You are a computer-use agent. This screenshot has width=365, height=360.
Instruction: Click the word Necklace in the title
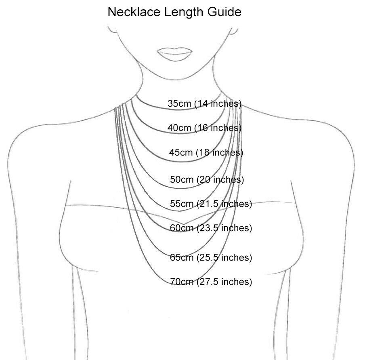[x=134, y=12]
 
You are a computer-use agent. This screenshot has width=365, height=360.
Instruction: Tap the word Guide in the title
[x=224, y=12]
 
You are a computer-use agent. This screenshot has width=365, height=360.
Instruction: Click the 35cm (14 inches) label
[x=205, y=103]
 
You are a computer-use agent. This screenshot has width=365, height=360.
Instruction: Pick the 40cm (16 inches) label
[x=205, y=128]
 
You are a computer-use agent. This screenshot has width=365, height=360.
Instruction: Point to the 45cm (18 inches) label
[x=206, y=152]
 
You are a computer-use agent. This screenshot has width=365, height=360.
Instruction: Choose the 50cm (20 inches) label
[x=207, y=179]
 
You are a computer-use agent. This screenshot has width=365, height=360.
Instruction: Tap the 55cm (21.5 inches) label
[x=211, y=204]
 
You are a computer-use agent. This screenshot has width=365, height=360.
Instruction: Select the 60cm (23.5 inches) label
[x=211, y=228]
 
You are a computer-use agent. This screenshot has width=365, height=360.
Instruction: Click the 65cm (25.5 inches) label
[x=211, y=257]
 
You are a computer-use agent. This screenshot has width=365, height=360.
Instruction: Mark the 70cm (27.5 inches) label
[x=211, y=282]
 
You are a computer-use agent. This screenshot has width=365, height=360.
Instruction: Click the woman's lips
[x=175, y=54]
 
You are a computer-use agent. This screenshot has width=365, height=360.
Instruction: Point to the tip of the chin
[x=177, y=80]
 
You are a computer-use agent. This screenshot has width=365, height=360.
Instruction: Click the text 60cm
[x=182, y=228]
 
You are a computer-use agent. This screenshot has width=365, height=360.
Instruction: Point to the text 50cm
[x=182, y=179]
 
